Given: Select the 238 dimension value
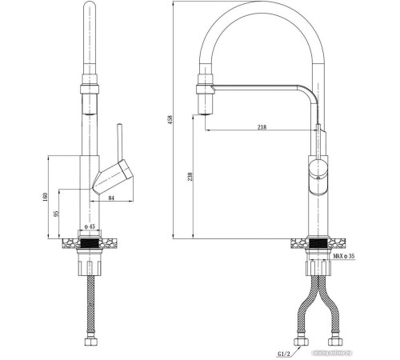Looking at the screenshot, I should pos(190,178).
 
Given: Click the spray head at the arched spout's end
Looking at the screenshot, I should pos(206,97).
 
